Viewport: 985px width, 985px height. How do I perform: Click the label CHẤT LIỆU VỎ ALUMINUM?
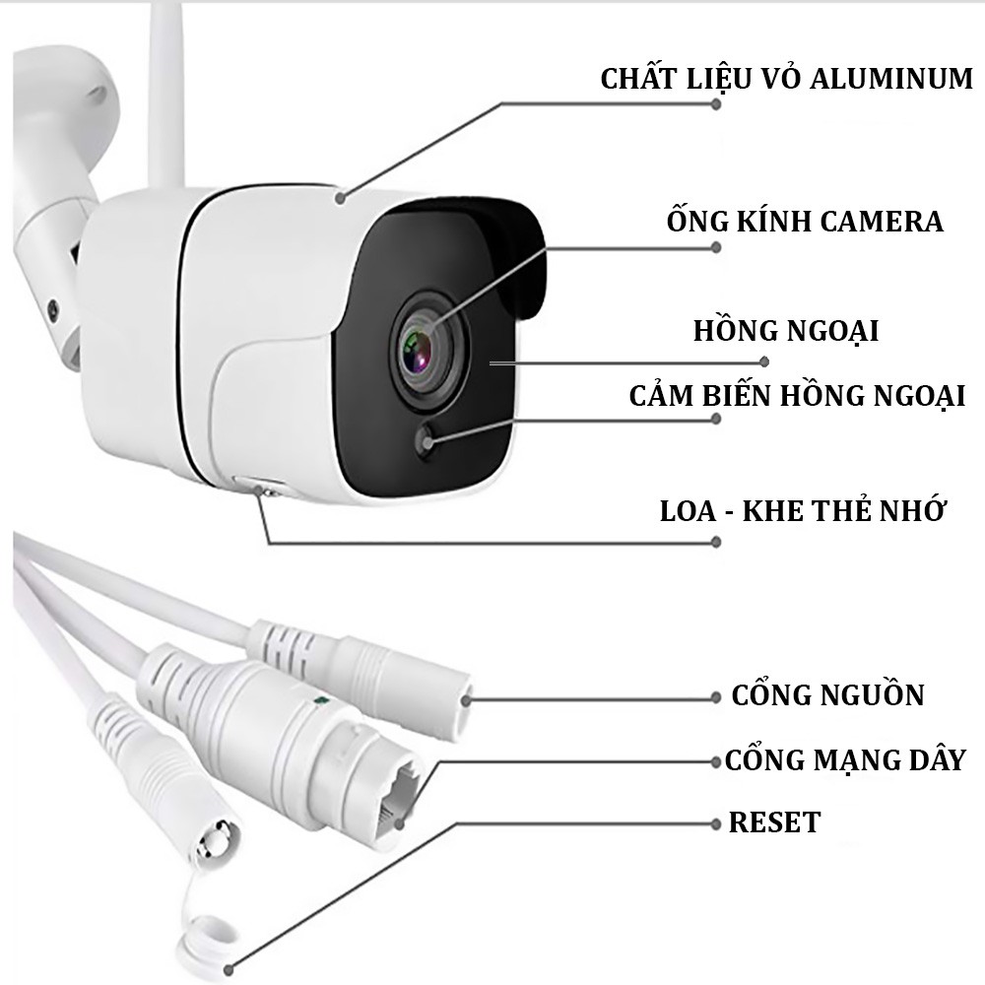click(787, 79)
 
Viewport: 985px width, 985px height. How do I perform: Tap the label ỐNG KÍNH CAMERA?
click(804, 221)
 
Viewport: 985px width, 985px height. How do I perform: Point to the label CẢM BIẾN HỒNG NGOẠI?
click(797, 395)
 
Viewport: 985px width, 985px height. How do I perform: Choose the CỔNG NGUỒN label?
click(827, 694)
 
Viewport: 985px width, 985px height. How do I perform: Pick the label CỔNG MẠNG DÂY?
click(844, 759)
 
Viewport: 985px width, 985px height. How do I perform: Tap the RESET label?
click(774, 821)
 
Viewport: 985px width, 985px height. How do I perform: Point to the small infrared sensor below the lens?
click(427, 442)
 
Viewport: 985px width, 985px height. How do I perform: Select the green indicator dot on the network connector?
click(317, 702)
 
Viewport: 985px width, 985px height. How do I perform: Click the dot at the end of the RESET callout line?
click(716, 821)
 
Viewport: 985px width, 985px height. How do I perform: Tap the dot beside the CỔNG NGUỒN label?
click(716, 697)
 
